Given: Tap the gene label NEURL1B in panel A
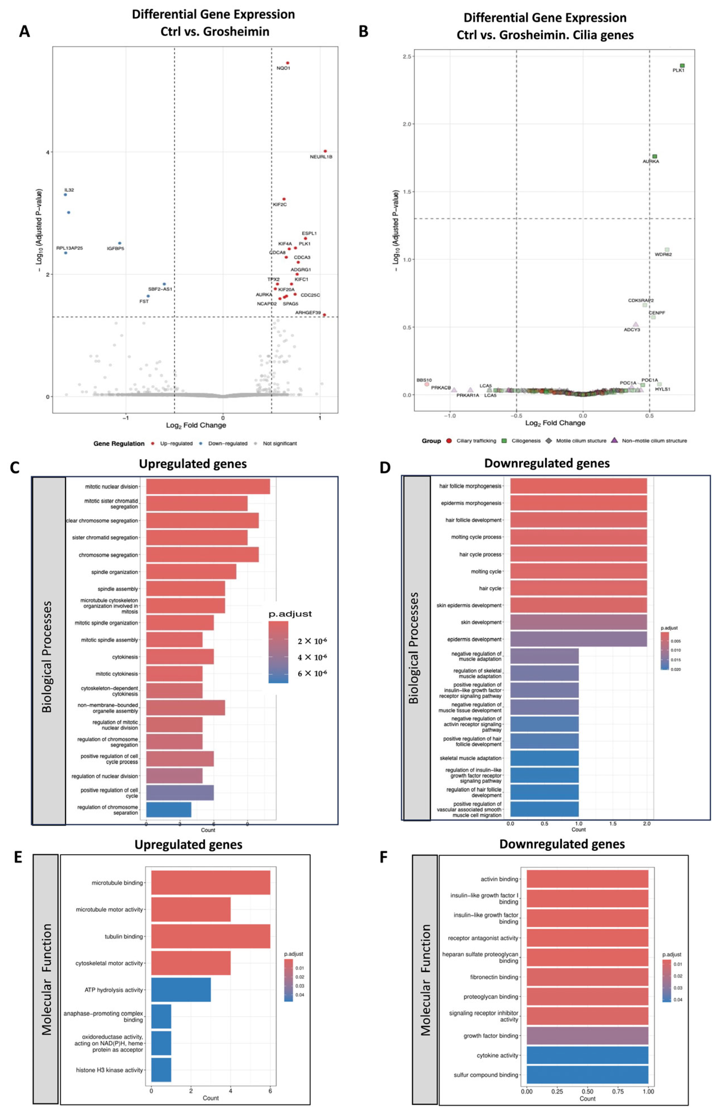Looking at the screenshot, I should pyautogui.click(x=321, y=157).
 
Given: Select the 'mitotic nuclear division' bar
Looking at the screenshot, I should pyautogui.click(x=208, y=487).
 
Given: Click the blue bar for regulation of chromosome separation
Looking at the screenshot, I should pyautogui.click(x=168, y=810).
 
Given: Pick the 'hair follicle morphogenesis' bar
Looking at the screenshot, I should pyautogui.click(x=578, y=486).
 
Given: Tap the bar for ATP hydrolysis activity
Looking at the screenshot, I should pyautogui.click(x=181, y=990).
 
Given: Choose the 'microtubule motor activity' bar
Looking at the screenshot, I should pyautogui.click(x=191, y=910).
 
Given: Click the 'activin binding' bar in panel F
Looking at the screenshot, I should pyautogui.click(x=587, y=879).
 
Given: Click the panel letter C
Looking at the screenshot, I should pyautogui.click(x=15, y=467).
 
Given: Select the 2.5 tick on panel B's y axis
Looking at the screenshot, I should pyautogui.click(x=406, y=57).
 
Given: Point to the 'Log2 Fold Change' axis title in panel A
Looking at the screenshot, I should pyautogui.click(x=196, y=425).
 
